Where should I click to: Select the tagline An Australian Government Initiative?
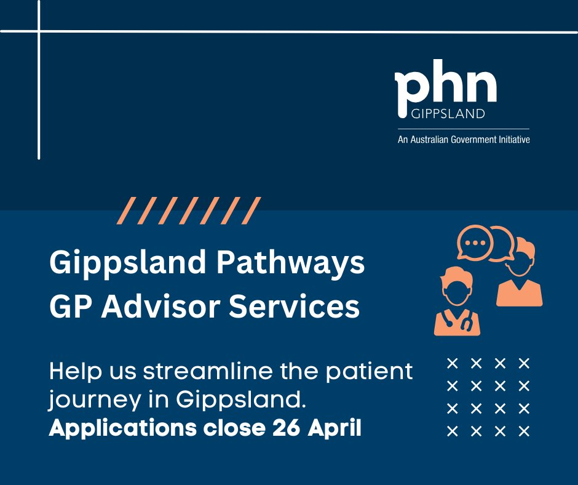pos(463,140)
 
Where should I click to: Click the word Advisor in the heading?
pos(162,307)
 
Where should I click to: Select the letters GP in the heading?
pos(68,307)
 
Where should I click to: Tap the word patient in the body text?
pos(374,372)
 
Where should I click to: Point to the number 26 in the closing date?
pos(280,428)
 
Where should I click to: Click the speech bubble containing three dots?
pos(475,242)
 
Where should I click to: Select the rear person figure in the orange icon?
pos(519,277)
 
